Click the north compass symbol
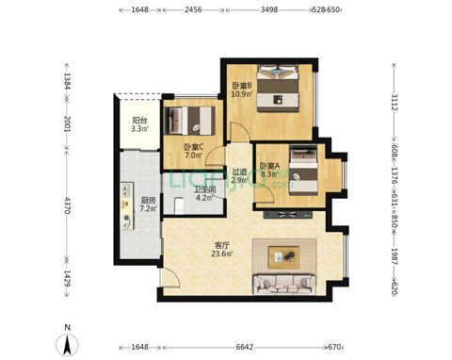pos(67,344)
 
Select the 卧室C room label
pos(194,147)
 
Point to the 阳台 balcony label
pos(139,120)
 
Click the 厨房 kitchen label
pos(148,200)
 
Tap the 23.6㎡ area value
pos(222,254)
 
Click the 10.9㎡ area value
pos(242,93)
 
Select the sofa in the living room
pos(284,285)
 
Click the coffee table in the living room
pos(283,257)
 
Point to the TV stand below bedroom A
pos(288,215)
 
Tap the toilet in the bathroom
pos(179,205)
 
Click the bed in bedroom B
pos(278,88)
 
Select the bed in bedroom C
pos(190,121)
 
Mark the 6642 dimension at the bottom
pos(245,347)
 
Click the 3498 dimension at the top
pos(269,9)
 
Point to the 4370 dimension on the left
pos(67,205)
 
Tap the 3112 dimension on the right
pos(395,102)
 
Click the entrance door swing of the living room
pos(171,277)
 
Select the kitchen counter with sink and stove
pos(127,206)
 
